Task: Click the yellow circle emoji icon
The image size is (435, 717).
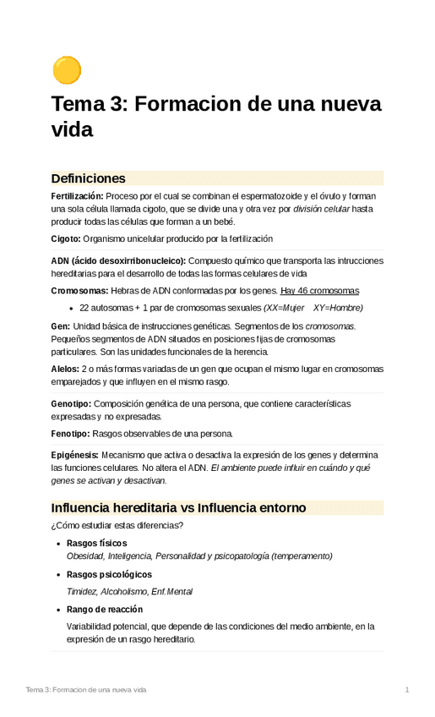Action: (67, 70)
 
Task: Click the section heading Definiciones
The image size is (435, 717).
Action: (88, 178)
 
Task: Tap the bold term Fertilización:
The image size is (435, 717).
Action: (77, 196)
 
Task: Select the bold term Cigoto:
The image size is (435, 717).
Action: (66, 239)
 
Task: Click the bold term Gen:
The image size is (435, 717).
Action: (61, 326)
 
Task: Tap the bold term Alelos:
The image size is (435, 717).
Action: (65, 369)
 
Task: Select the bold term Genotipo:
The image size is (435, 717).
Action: (71, 403)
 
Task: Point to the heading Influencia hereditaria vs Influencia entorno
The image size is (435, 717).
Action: (178, 508)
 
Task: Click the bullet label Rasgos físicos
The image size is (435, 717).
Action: (97, 543)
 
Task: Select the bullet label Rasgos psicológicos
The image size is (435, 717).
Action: (107, 574)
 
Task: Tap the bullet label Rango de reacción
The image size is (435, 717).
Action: (105, 609)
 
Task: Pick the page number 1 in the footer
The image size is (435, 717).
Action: (407, 690)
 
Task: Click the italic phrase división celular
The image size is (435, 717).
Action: (321, 209)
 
